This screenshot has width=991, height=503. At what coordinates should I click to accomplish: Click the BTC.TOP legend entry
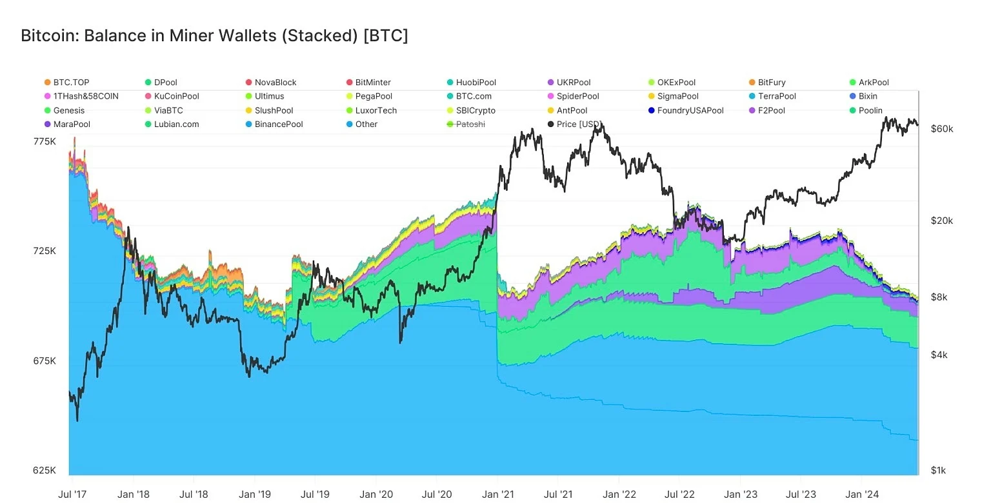(x=71, y=83)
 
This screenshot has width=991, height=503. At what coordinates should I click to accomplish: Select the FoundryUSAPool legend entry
(x=690, y=110)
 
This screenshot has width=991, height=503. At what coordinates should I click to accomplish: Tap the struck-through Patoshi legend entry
(x=470, y=124)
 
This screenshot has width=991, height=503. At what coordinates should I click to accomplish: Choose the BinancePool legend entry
(x=278, y=124)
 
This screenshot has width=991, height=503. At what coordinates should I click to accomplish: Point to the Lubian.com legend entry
(x=176, y=124)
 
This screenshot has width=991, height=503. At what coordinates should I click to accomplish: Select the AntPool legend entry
(x=572, y=110)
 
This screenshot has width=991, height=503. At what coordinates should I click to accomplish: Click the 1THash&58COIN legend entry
(x=85, y=96)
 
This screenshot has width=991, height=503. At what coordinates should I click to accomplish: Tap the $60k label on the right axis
(x=942, y=129)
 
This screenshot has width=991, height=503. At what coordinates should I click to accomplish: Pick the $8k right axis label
(x=939, y=297)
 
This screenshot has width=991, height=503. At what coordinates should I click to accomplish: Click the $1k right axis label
(x=939, y=471)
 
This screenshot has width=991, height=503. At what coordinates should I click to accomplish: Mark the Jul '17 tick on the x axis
(x=72, y=495)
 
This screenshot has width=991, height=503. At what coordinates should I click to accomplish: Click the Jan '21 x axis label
(x=498, y=495)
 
